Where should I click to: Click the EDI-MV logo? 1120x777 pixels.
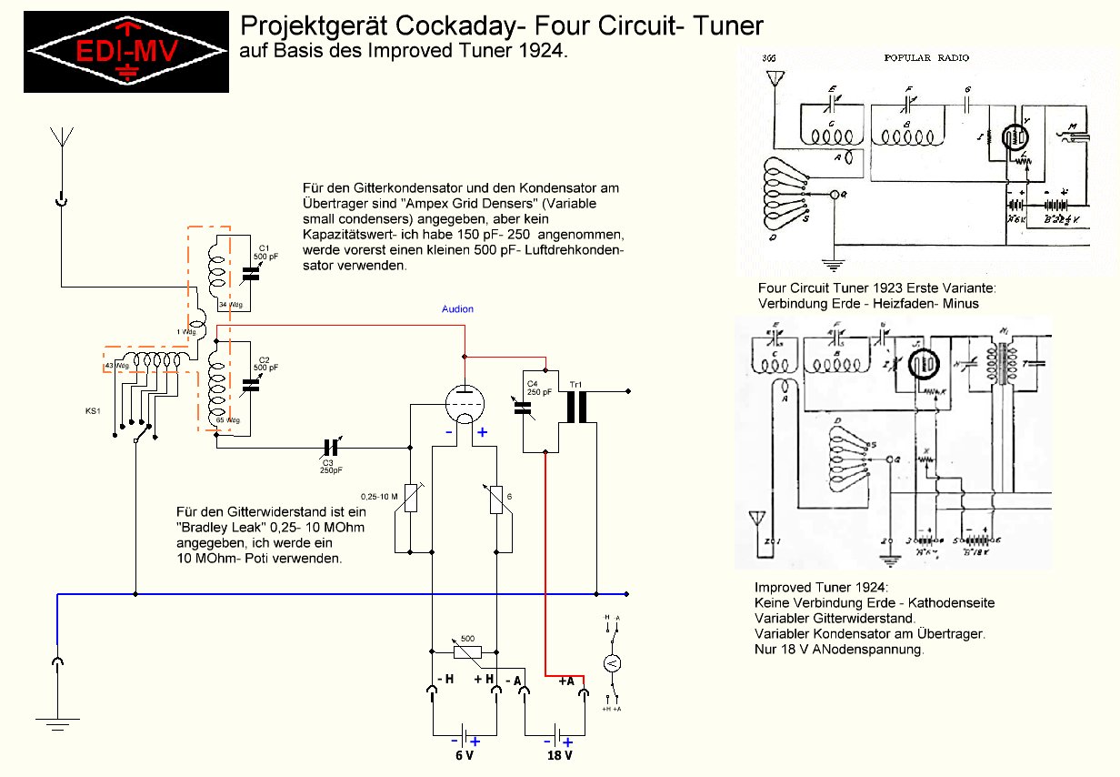pos(125,51)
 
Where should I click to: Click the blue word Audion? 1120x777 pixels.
pos(457,309)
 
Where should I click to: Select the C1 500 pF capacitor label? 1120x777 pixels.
pos(264,252)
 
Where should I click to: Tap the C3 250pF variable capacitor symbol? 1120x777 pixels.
pos(331,448)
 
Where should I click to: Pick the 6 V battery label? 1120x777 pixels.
pos(465,756)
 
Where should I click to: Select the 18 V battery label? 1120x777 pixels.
pos(558,756)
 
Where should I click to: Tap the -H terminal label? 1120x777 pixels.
pos(445,680)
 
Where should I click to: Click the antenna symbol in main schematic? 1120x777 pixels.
pos(61,138)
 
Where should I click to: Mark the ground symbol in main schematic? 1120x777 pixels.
pos(57,722)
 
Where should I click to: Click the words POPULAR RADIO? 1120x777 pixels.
pos(926,57)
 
